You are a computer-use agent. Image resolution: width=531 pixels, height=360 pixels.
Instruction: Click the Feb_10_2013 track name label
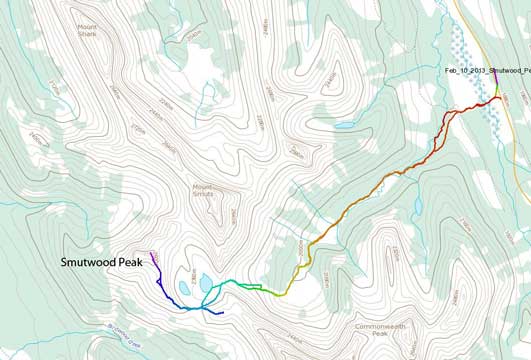click(x=488, y=70)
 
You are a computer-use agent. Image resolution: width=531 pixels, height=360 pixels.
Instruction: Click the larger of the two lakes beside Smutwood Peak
click(x=205, y=284)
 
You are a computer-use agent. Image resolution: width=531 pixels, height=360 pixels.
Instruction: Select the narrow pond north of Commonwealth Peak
click(x=416, y=206)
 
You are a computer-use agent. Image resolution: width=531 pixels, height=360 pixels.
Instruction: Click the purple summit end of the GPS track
click(x=152, y=256)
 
